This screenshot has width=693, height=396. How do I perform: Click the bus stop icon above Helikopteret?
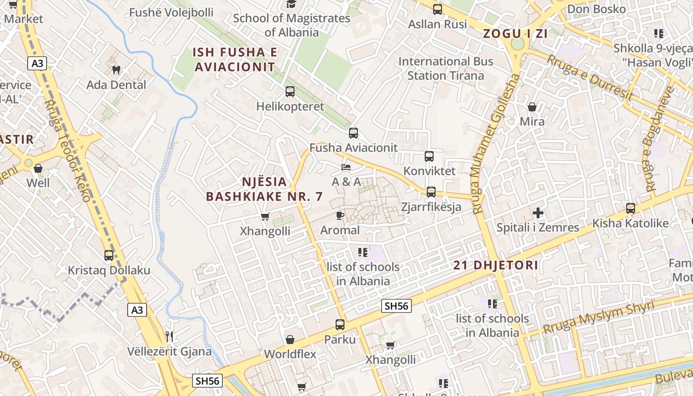(x=290, y=92)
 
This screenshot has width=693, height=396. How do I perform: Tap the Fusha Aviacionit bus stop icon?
(x=353, y=133)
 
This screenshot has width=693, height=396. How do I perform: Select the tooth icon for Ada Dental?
(x=116, y=70)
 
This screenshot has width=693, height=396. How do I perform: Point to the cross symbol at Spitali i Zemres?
(x=538, y=213)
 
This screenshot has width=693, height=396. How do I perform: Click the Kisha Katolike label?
(x=630, y=223)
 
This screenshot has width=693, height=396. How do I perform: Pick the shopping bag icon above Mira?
(x=532, y=107)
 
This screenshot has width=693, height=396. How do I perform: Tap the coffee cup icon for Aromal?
(x=340, y=215)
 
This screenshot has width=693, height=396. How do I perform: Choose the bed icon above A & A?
(x=346, y=167)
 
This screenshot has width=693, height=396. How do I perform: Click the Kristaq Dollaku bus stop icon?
(x=109, y=255)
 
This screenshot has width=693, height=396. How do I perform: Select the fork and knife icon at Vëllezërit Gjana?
(x=169, y=337)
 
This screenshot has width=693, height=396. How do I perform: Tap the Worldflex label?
(x=290, y=354)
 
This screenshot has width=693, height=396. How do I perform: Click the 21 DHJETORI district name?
(x=495, y=265)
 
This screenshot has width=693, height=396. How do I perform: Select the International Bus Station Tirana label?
(x=445, y=68)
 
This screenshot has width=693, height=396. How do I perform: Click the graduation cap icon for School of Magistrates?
(x=291, y=4)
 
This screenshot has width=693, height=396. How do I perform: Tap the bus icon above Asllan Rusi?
(x=437, y=9)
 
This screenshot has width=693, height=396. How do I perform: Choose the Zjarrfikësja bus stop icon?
(x=431, y=192)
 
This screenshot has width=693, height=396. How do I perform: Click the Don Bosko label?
(x=596, y=9)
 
